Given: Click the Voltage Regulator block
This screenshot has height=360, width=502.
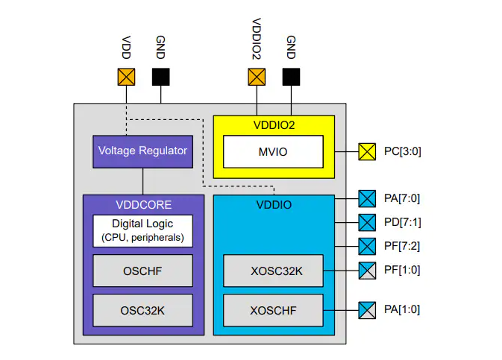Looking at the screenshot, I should [142, 151].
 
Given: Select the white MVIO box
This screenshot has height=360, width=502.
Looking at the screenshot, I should [273, 151].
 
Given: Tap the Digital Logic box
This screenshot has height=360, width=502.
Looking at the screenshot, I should [142, 231].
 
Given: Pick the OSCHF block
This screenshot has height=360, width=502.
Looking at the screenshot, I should [142, 271].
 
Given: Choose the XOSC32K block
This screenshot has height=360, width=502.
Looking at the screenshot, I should [273, 271].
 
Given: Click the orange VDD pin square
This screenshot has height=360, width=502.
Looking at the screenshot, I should [126, 77].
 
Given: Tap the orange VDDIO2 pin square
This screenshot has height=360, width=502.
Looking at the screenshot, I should [257, 77].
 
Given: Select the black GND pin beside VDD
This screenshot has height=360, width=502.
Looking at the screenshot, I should [160, 77].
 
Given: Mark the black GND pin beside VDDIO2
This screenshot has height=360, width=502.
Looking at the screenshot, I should [291, 77].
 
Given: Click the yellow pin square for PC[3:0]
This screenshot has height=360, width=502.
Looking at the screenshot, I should [367, 152].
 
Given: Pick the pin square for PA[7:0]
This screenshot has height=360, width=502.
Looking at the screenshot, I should [367, 199].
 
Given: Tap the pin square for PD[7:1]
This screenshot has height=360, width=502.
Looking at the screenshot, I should [367, 222].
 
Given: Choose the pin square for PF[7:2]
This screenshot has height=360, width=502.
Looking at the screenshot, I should [367, 246].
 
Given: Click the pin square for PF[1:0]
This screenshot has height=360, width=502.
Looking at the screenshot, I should [367, 270].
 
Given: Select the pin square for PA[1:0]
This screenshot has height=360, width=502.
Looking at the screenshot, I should [367, 309].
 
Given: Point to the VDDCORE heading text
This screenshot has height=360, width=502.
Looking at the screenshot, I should [142, 204].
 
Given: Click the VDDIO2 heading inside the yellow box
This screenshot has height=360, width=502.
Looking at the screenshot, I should [274, 124].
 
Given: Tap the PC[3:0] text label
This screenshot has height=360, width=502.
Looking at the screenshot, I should [404, 152].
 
